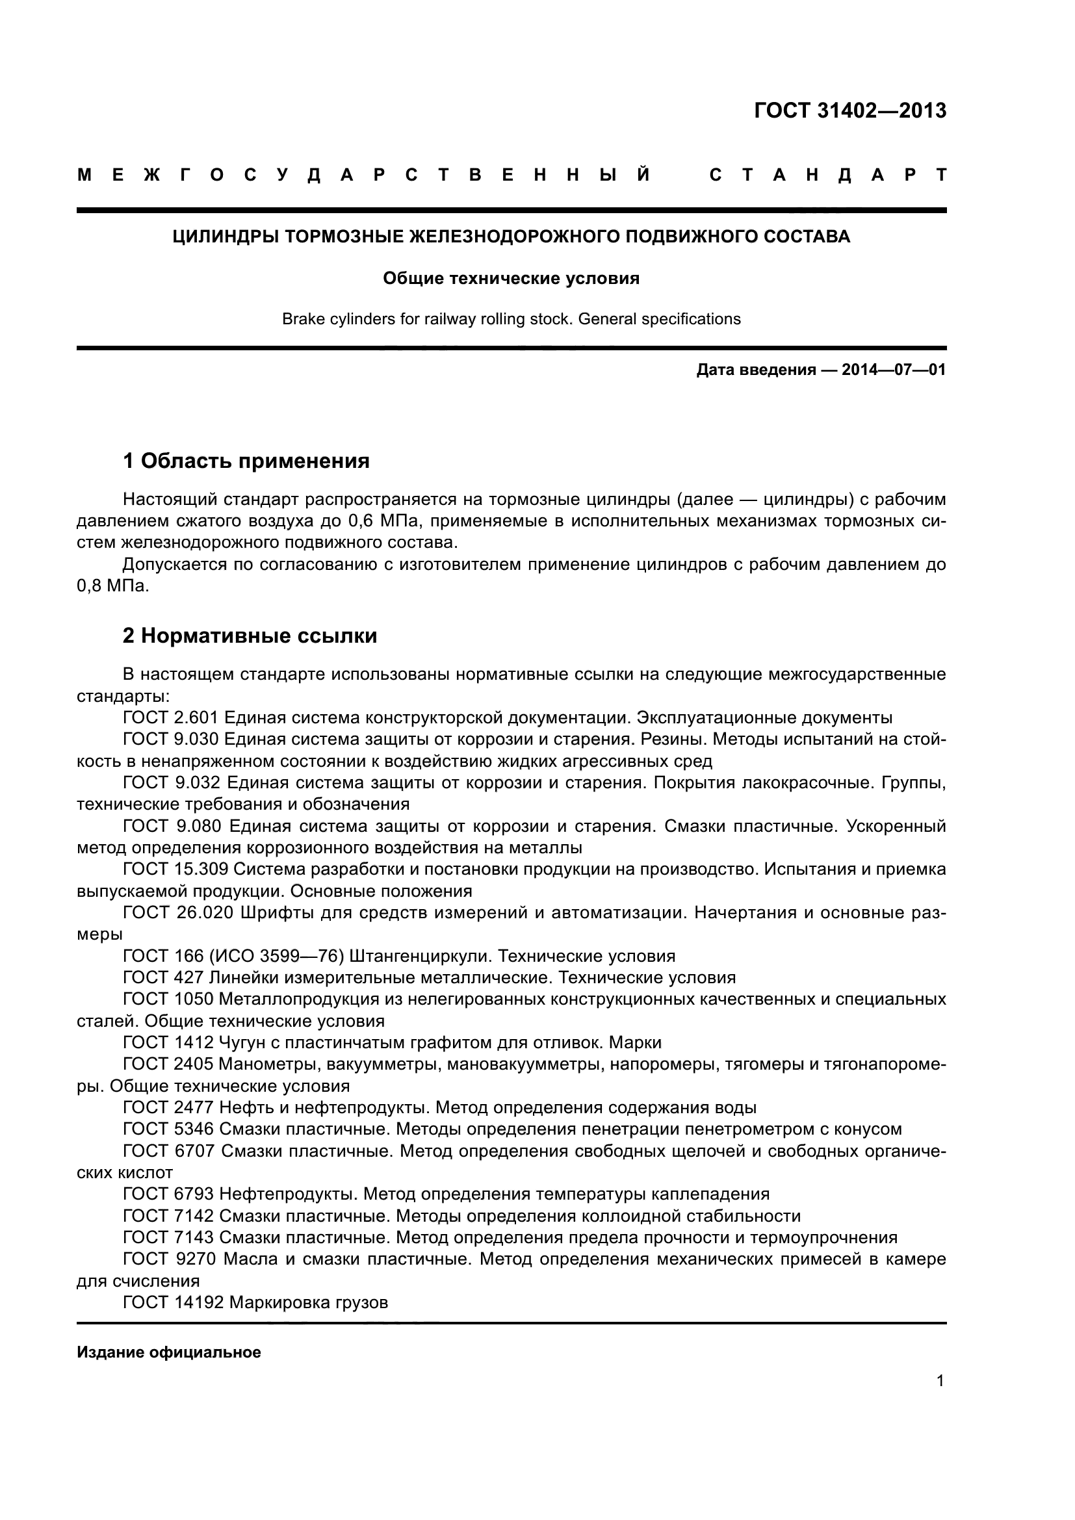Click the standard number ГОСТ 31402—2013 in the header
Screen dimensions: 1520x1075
point(850,110)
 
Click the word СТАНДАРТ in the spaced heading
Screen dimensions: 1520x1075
point(827,175)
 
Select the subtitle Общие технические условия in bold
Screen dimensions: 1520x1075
point(511,279)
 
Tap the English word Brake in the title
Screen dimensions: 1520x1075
point(301,319)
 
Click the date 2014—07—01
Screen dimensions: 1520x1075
point(894,370)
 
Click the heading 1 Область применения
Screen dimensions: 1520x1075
point(246,461)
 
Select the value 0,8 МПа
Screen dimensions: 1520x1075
point(112,587)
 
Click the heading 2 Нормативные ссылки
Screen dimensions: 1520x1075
point(250,636)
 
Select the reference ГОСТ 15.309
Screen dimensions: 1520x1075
point(176,869)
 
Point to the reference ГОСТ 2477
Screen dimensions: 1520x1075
point(169,1107)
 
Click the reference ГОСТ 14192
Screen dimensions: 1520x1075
point(174,1303)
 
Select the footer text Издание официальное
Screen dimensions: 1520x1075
point(169,1352)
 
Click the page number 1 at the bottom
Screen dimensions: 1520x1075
point(940,1381)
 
